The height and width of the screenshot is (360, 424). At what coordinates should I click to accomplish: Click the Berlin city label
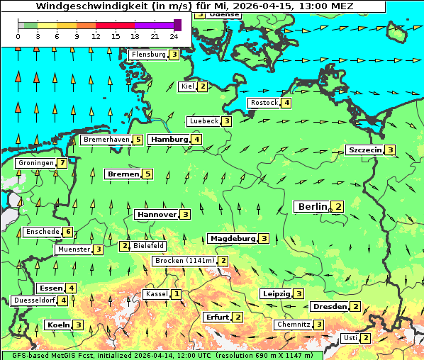(312, 206)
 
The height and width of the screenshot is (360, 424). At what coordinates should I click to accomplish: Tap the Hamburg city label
(168, 140)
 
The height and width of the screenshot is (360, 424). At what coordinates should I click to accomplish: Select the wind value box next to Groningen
(62, 163)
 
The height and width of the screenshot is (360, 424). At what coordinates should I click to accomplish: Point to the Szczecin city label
(364, 150)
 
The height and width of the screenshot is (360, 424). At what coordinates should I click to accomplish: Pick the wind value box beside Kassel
(176, 294)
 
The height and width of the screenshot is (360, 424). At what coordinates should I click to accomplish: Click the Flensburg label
(147, 54)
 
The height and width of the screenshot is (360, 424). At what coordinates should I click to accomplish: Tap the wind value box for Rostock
(286, 103)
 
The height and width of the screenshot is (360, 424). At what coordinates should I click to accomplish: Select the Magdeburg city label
(231, 238)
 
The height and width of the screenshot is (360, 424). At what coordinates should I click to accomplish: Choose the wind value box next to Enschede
(67, 232)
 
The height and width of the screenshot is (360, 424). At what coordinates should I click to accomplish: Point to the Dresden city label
(329, 307)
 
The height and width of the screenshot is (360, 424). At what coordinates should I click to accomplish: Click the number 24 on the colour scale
(174, 36)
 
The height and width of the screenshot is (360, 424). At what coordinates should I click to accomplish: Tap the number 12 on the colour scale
(96, 36)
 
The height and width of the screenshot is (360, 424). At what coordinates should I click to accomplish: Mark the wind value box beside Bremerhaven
(138, 140)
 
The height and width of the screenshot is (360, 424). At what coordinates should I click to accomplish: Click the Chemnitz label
(293, 325)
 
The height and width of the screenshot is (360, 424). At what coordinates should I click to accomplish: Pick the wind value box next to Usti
(365, 338)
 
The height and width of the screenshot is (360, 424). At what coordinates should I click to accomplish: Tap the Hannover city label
(156, 214)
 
